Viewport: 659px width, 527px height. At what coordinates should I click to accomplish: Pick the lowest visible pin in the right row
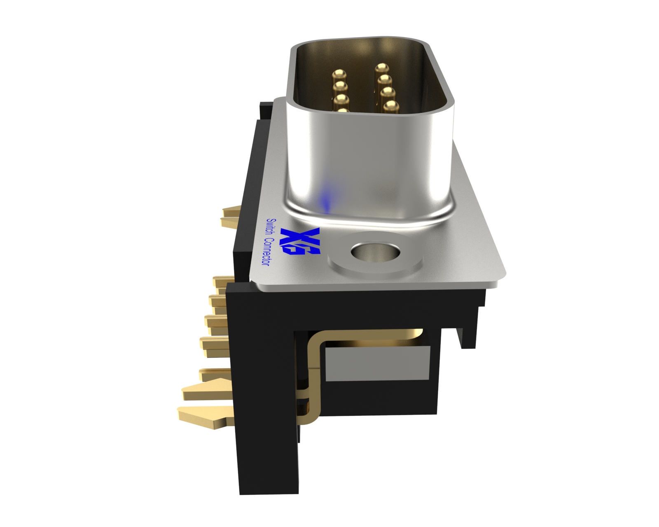(391, 106)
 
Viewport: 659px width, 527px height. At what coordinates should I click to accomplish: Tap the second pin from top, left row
(340, 86)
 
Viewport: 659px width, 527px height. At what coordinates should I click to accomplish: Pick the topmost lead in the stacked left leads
(222, 282)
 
